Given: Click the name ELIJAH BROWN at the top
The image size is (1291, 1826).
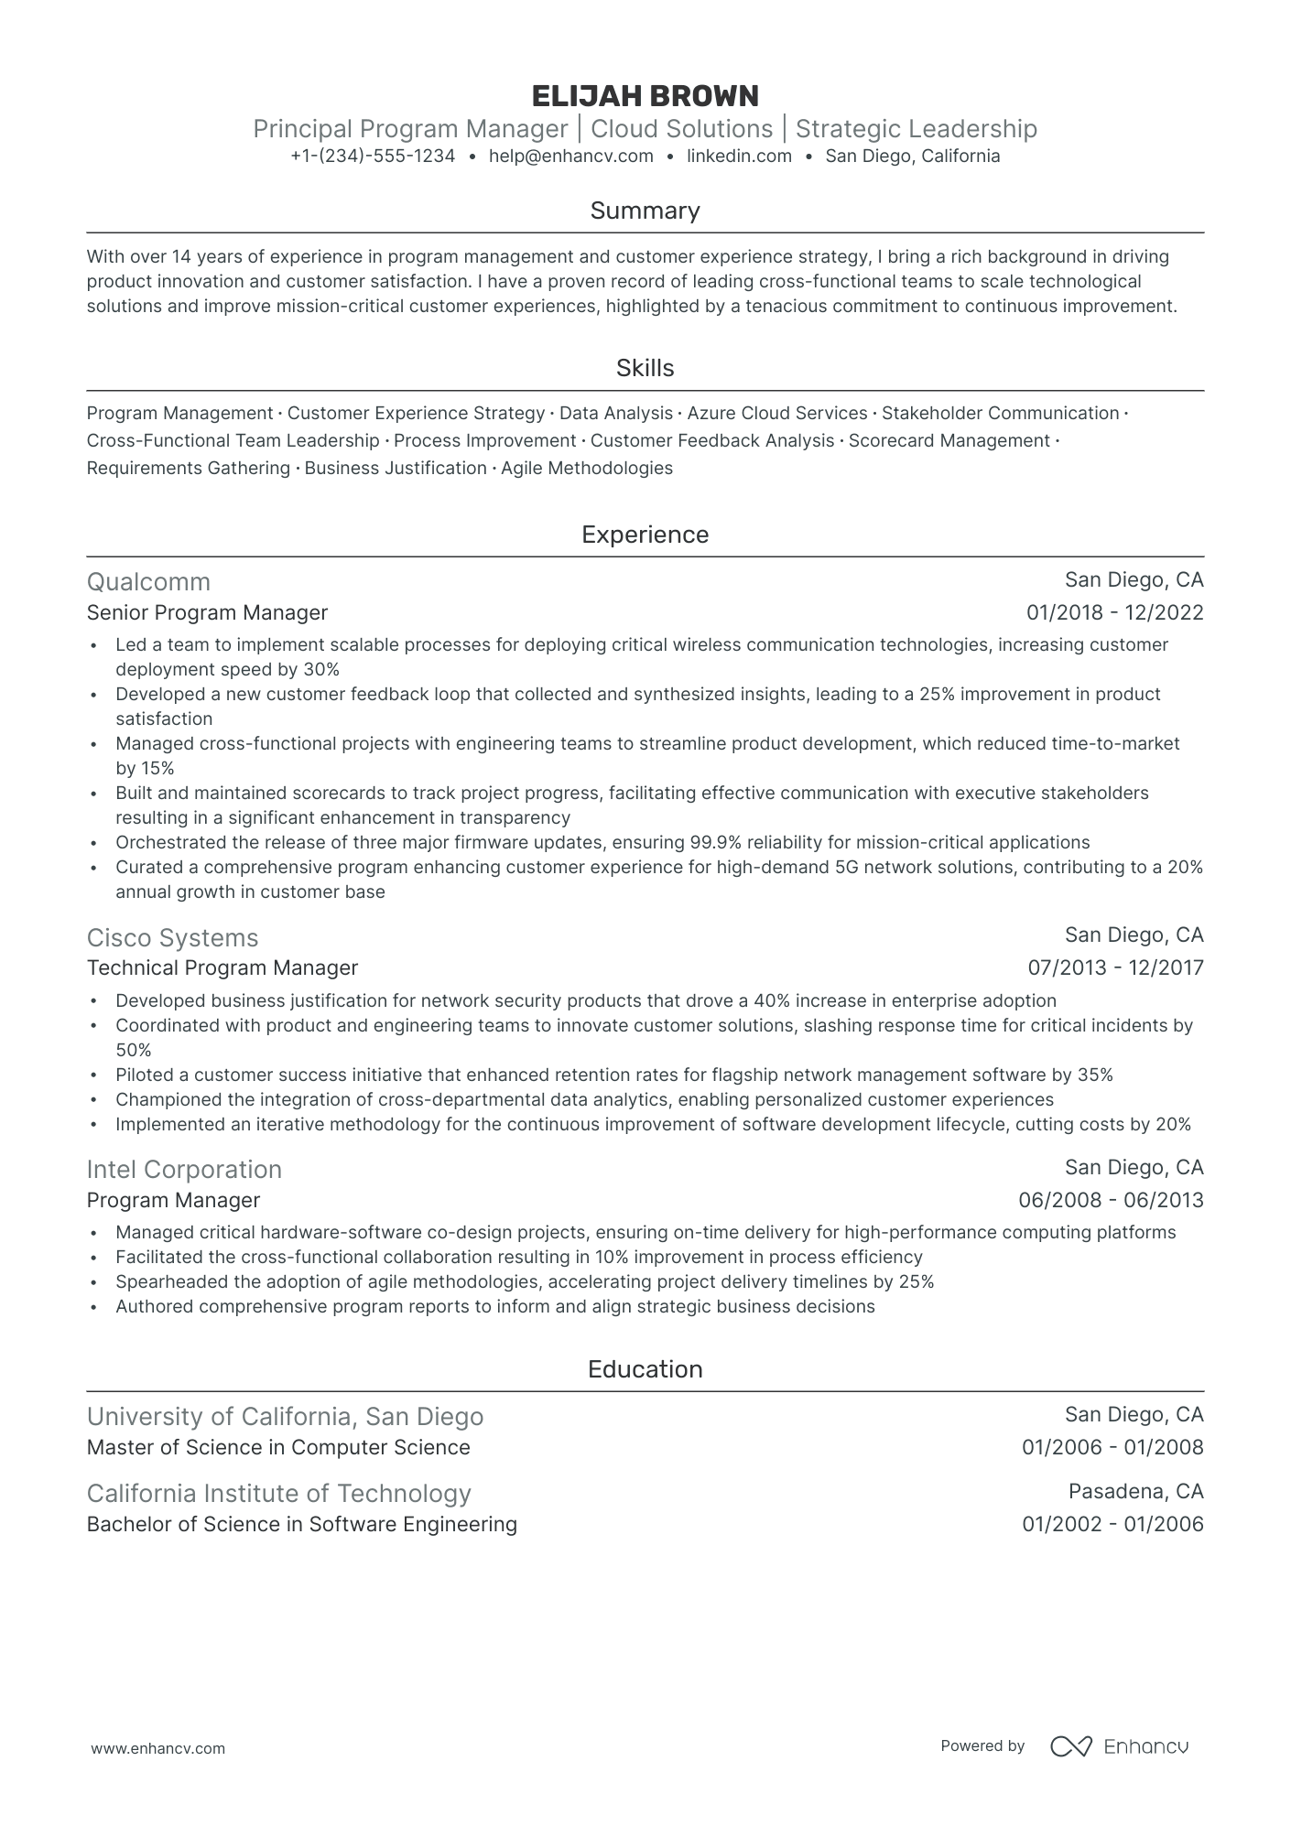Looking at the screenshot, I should point(645,96).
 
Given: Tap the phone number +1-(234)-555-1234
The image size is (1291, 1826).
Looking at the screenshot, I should point(373,157).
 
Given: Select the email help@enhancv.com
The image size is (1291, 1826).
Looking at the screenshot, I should point(570,157).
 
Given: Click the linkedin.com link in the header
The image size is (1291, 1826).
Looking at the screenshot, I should point(739,157).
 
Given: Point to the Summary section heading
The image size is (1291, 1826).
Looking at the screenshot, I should point(645,211).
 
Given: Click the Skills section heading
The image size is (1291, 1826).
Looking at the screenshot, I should point(645,369).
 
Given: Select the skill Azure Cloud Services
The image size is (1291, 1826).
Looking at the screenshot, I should point(776,414).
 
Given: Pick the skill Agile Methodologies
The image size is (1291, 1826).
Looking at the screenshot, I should point(586,469).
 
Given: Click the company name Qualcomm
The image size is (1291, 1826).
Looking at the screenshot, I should point(148,582).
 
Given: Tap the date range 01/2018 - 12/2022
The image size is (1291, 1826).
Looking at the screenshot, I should point(1114,613).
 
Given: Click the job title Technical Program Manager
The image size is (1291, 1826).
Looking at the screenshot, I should point(222,968).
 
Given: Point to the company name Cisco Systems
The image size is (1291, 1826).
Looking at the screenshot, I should point(172,938).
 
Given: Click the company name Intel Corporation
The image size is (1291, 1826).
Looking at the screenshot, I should point(184,1170).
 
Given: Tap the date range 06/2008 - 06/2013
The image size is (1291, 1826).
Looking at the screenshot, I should point(1111,1201).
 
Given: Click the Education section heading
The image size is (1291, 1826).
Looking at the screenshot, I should point(645,1370).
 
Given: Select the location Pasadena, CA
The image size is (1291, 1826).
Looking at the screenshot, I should point(1135,1492).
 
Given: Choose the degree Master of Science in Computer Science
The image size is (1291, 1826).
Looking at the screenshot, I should point(278,1448).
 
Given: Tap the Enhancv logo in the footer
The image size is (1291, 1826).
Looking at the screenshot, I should point(1119,1746).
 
